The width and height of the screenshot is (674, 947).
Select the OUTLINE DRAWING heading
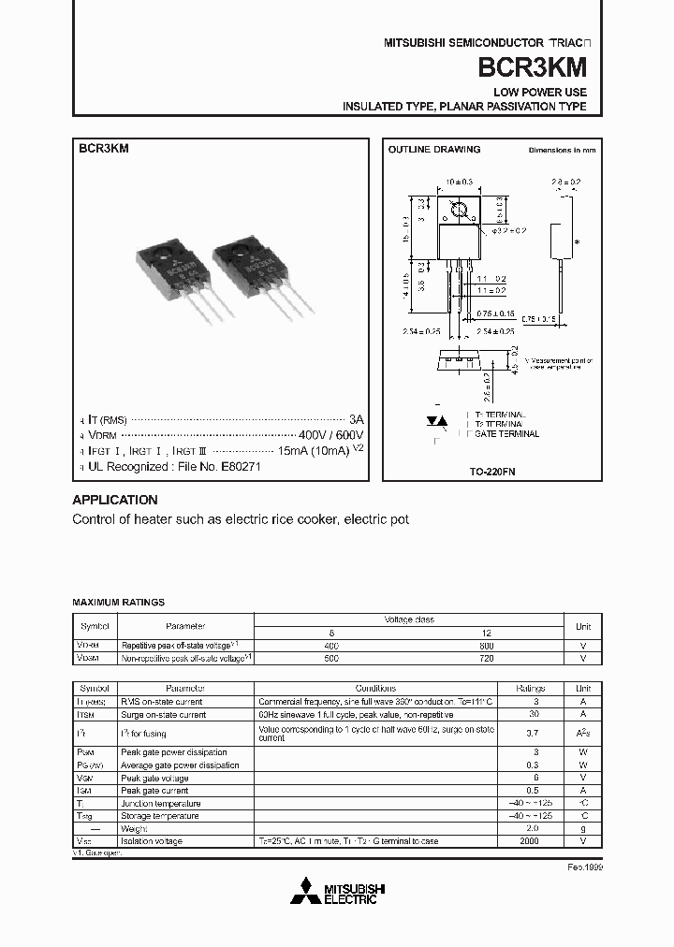433,149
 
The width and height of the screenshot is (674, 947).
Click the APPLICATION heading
115,500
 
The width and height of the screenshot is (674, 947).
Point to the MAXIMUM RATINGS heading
119,603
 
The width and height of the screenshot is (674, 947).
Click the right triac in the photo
258,274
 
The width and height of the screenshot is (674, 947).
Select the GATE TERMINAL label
507,434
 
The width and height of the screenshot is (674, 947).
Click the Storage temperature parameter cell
160,816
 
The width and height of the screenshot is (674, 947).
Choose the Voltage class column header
409,619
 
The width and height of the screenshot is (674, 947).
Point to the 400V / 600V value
330,436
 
